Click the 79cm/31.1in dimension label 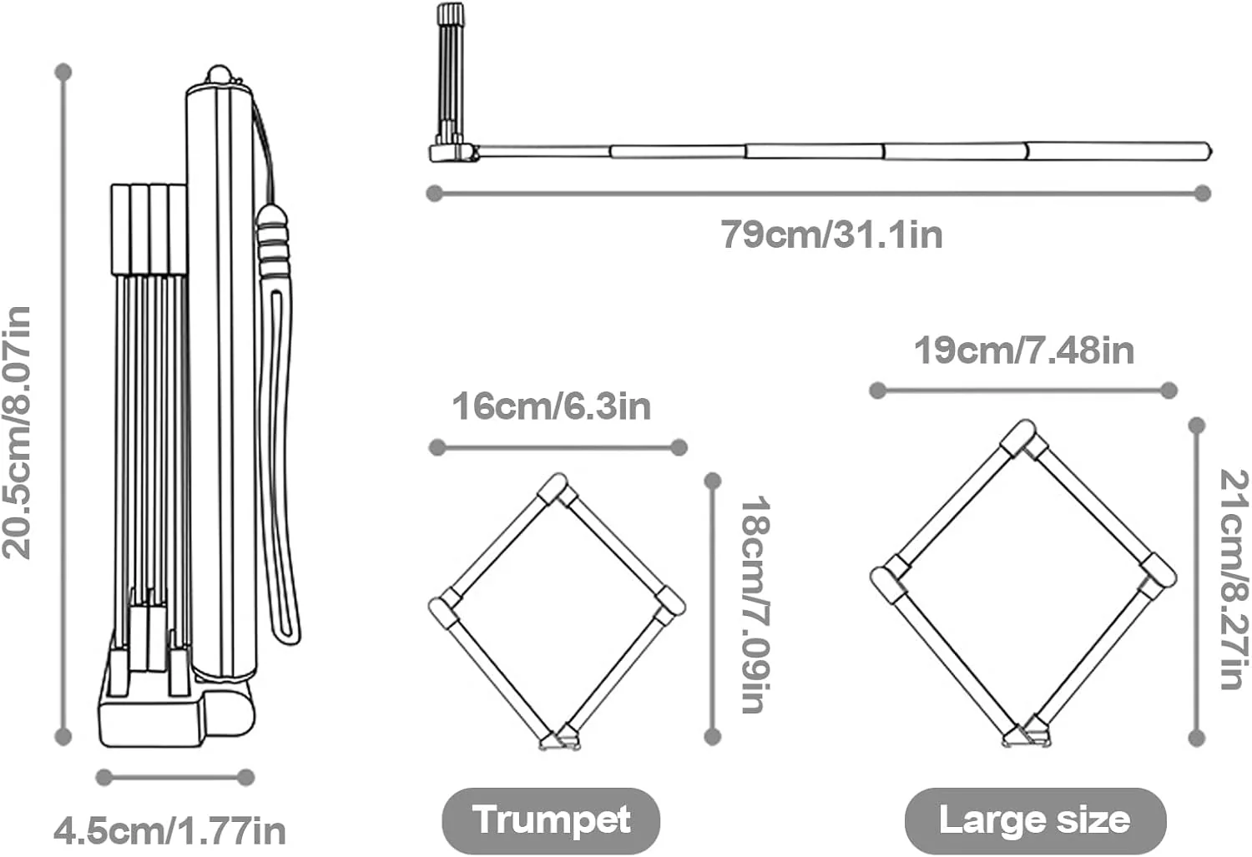(831, 234)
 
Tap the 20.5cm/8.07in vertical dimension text (16, 433)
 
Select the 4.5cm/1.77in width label (169, 831)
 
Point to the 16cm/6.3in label (551, 406)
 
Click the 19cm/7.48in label (1024, 350)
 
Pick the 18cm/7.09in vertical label (756, 604)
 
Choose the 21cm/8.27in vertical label (1234, 580)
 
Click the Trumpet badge (551, 820)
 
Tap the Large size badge (1035, 820)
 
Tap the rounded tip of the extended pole (1207, 151)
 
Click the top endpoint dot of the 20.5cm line (63, 72)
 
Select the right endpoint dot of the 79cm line (1203, 194)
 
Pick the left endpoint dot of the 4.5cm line (104, 777)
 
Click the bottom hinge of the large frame (1026, 735)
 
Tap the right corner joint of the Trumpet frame (669, 603)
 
